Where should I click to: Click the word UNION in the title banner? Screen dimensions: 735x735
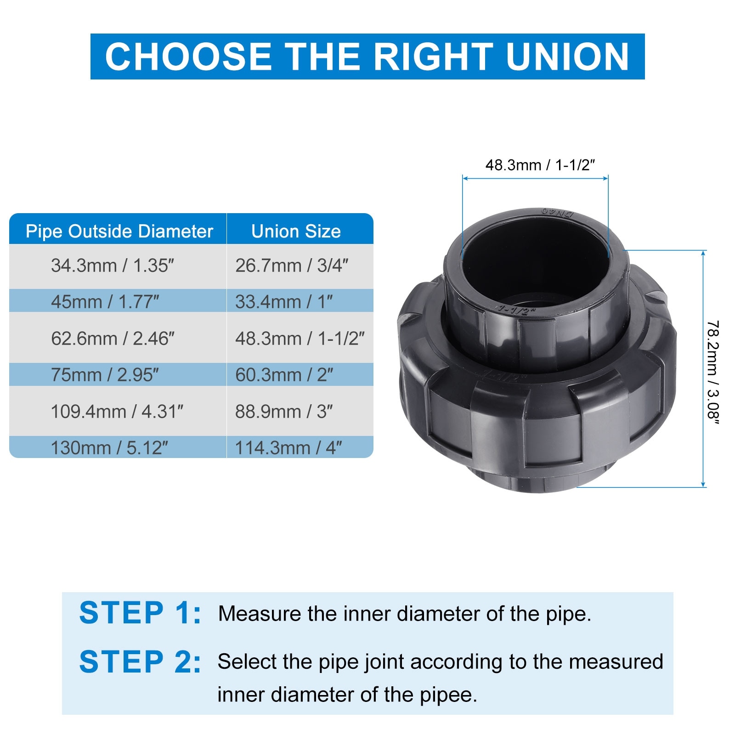click(x=567, y=57)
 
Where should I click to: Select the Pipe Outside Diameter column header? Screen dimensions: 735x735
click(x=119, y=231)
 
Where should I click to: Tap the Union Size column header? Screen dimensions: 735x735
click(x=296, y=231)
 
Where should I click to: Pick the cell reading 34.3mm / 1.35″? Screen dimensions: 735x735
click(x=113, y=266)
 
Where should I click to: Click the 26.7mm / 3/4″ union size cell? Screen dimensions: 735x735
click(x=292, y=266)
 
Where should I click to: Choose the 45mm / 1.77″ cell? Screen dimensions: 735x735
click(x=105, y=302)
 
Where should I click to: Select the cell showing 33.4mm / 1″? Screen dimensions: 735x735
click(x=284, y=302)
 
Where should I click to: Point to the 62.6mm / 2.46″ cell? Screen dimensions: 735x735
click(x=113, y=339)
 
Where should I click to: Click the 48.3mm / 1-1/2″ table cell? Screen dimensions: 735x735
click(x=300, y=339)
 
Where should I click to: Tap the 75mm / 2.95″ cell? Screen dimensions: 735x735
click(x=105, y=375)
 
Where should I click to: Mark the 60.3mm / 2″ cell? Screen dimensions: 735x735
click(x=284, y=375)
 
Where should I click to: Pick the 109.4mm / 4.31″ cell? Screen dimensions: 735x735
click(x=117, y=412)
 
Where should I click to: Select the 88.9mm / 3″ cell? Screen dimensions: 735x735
click(x=284, y=412)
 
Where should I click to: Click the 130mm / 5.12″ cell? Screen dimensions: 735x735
click(x=109, y=448)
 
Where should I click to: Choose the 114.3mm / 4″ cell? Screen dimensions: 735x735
click(x=288, y=448)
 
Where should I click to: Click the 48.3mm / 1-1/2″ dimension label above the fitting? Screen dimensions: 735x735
click(x=540, y=165)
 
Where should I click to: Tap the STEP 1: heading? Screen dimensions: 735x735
click(x=140, y=613)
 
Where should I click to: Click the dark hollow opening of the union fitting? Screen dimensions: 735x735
click(x=535, y=266)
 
